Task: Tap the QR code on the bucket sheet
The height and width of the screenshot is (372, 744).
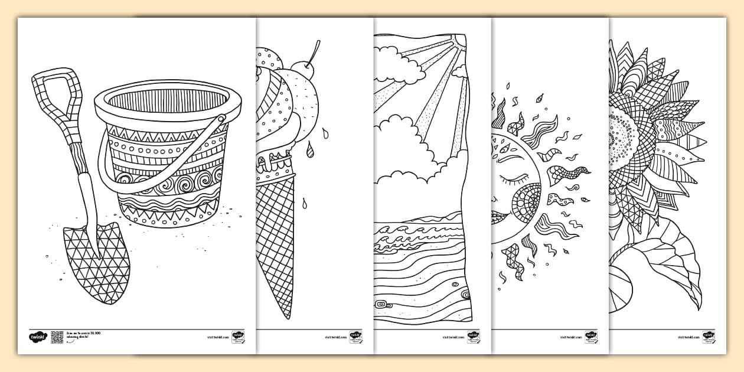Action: tap(57, 337)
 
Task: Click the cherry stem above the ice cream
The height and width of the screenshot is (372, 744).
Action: tap(315, 50)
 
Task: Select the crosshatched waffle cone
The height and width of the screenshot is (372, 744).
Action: tap(276, 236)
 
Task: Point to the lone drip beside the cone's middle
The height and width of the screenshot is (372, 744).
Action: tap(305, 204)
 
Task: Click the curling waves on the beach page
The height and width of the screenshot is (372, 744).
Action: tap(413, 233)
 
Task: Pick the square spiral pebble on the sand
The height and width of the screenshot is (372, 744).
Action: tap(382, 304)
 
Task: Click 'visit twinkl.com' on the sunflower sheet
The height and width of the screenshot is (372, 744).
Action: tap(689, 337)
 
